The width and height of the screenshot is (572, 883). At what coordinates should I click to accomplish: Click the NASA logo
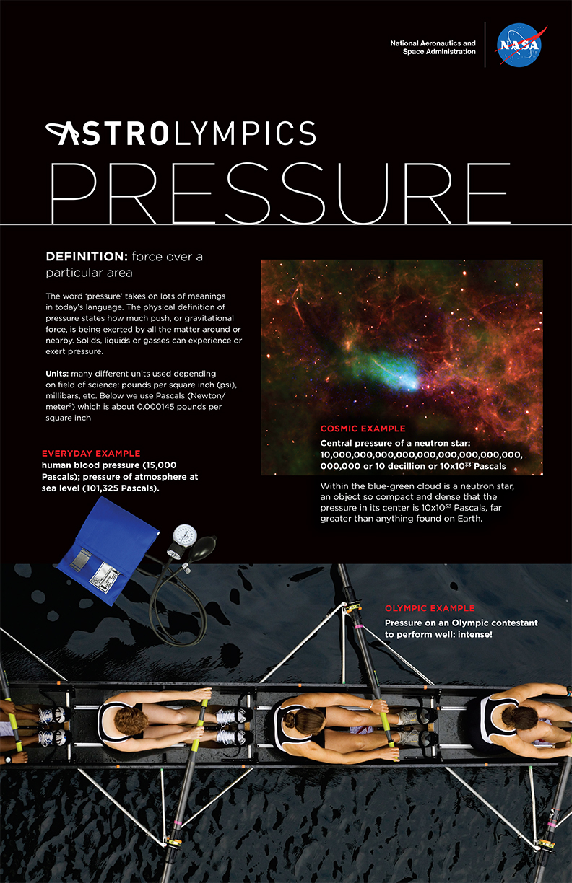[520, 45]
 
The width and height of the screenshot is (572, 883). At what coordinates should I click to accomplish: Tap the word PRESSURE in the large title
[280, 193]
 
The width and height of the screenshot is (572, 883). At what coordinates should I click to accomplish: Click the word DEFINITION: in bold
[87, 257]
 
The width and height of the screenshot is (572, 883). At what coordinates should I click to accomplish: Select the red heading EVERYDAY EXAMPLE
[91, 453]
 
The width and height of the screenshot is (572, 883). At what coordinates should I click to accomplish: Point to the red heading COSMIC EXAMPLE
[363, 429]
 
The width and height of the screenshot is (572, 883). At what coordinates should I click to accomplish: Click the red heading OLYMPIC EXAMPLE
[430, 608]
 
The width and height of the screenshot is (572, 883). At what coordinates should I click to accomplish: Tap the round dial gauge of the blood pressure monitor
[185, 535]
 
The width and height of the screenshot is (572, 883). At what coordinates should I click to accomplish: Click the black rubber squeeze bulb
[203, 548]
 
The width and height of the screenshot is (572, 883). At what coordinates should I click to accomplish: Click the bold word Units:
[57, 374]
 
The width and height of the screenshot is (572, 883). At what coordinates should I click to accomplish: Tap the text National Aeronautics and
[433, 43]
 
